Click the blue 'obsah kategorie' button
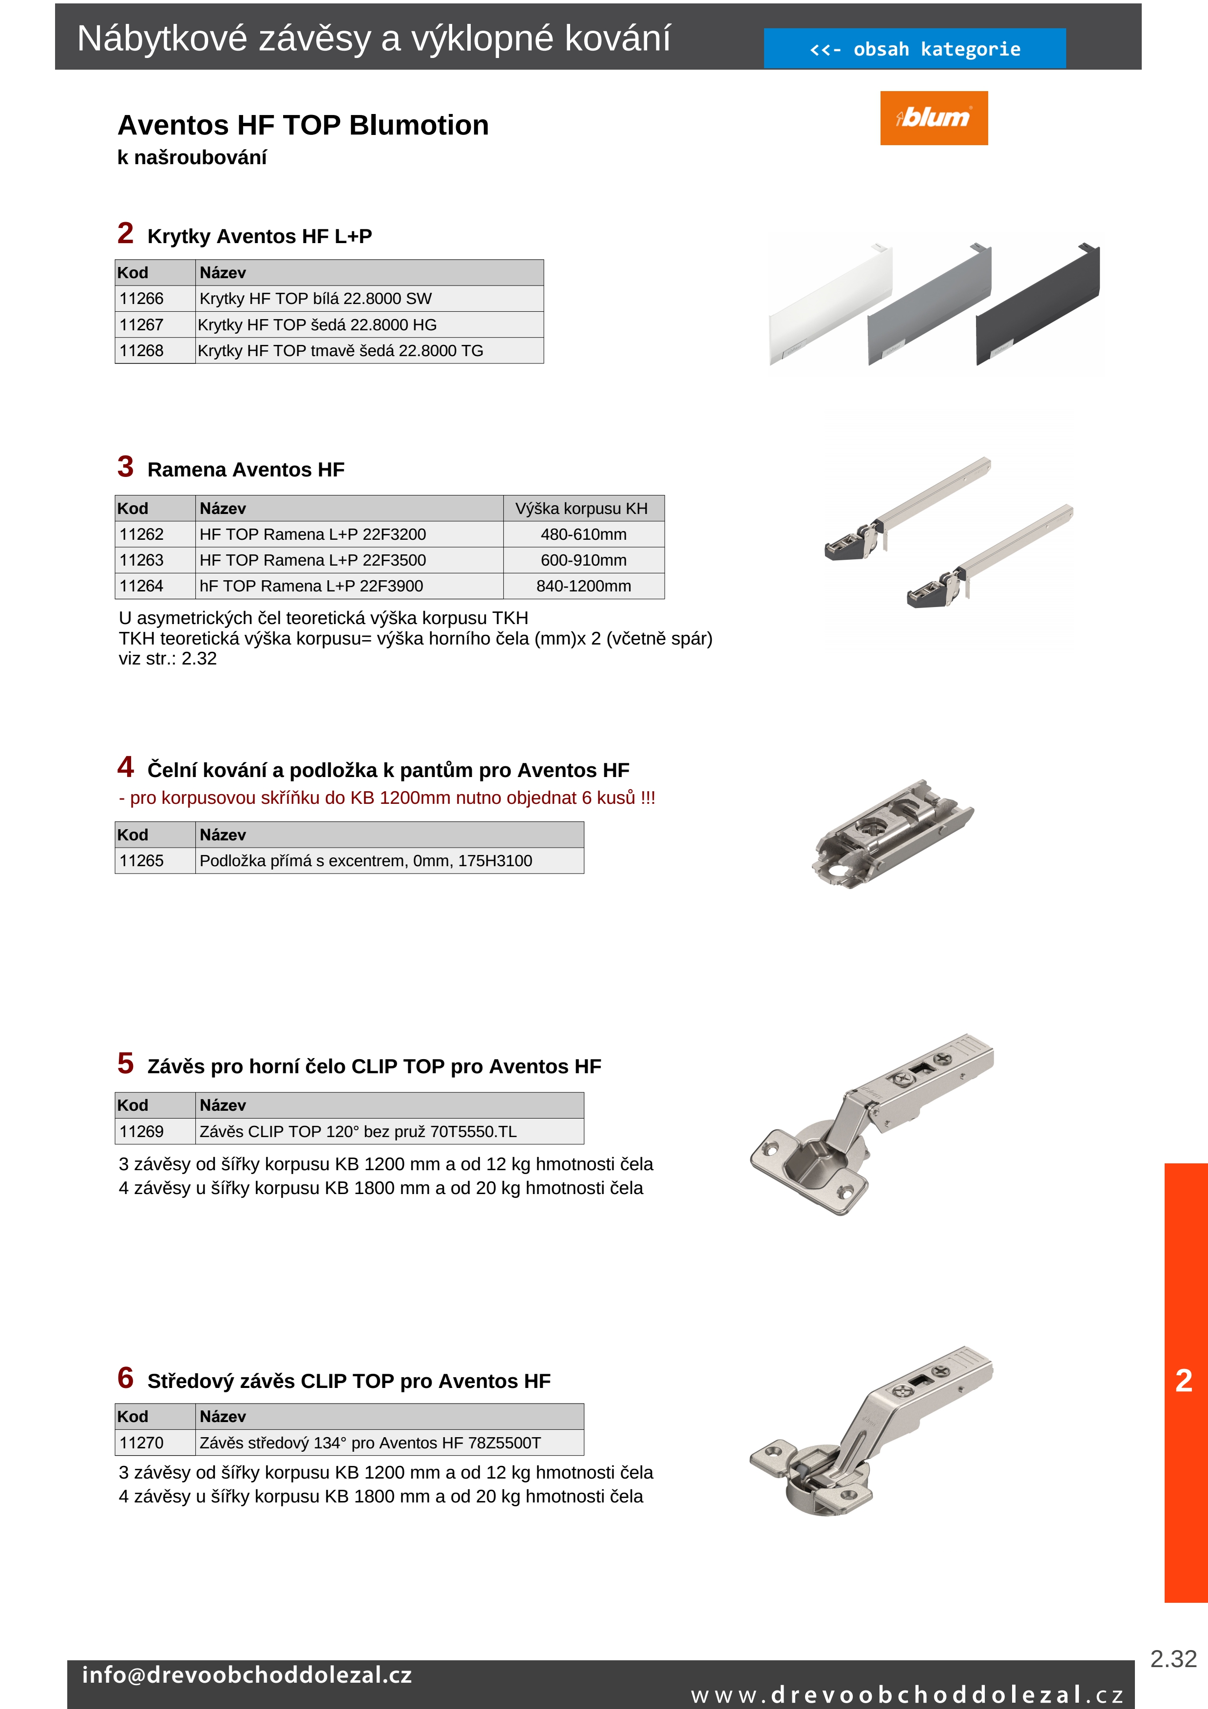pyautogui.click(x=914, y=49)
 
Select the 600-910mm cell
pyautogui.click(x=583, y=560)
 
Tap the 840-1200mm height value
pyautogui.click(x=583, y=586)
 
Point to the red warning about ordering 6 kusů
pyautogui.click(x=386, y=798)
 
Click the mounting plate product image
pyautogui.click(x=892, y=834)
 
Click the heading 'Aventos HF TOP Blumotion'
pyautogui.click(x=303, y=125)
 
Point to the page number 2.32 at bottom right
pyautogui.click(x=1173, y=1658)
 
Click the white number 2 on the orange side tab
pyautogui.click(x=1184, y=1381)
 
